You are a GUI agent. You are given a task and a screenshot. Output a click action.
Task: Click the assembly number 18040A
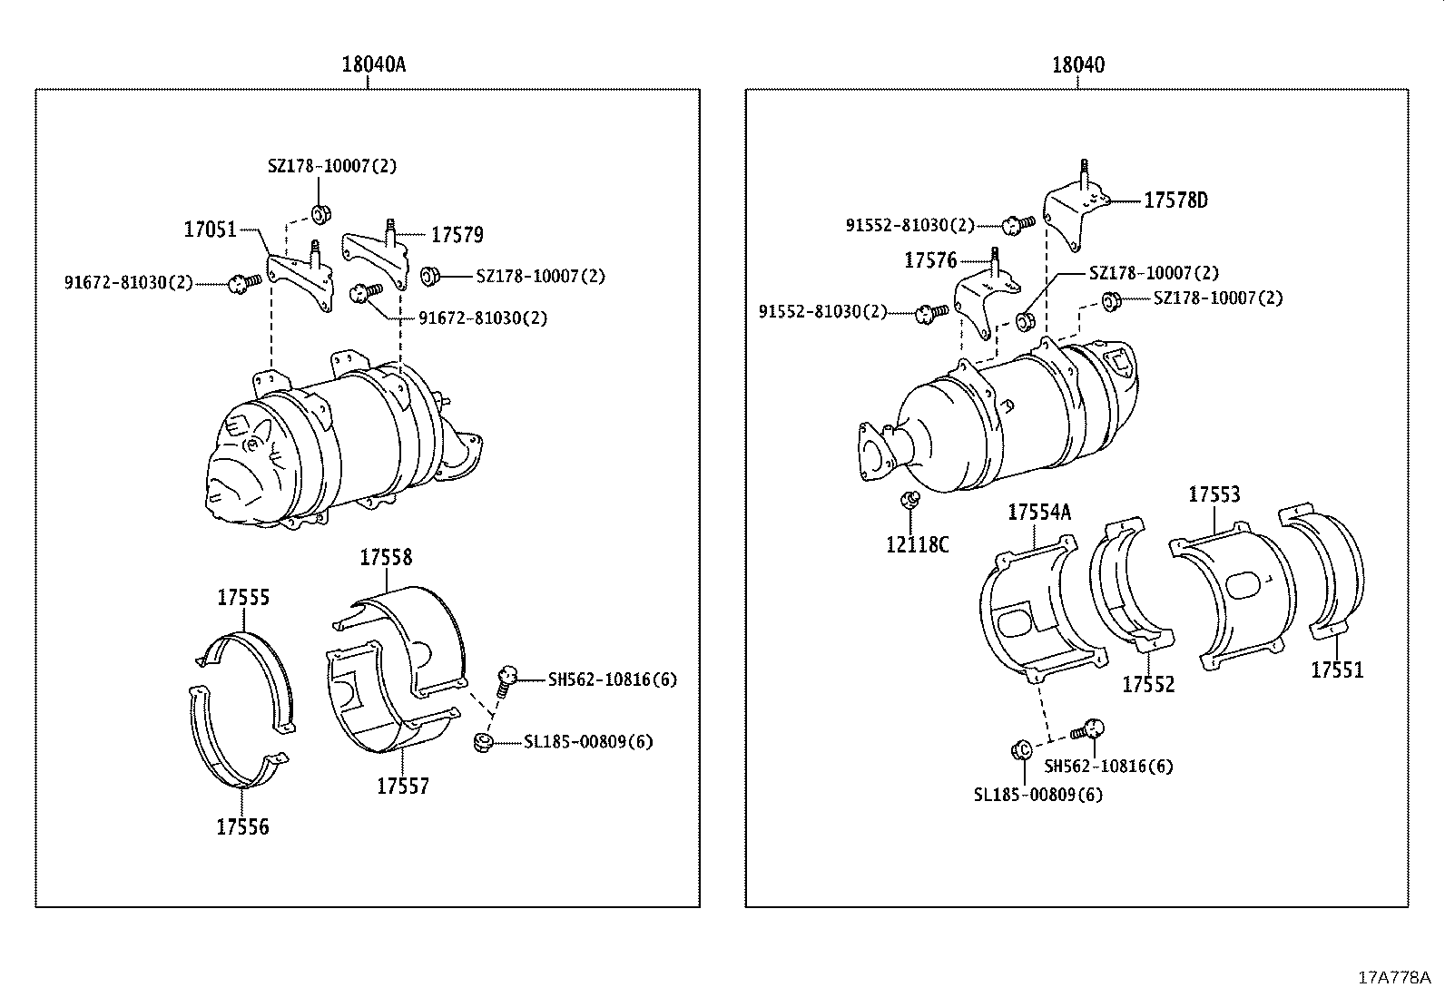[373, 65]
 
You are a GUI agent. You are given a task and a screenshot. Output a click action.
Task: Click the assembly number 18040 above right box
[1078, 65]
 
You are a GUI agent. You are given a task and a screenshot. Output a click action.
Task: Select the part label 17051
[210, 230]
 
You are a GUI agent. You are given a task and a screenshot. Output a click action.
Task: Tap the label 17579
[457, 236]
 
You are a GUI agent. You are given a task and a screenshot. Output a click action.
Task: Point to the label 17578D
[1175, 200]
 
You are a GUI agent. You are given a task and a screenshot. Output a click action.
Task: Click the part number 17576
[930, 261]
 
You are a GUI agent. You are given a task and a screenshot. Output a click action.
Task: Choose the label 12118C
[918, 544]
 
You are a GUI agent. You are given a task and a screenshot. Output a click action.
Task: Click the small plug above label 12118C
[910, 500]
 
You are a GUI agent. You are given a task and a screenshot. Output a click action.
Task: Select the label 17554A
[1039, 513]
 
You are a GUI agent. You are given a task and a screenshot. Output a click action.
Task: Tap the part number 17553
[1214, 494]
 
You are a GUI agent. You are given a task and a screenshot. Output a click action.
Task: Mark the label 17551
[1336, 670]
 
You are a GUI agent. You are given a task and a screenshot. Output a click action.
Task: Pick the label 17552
[1148, 685]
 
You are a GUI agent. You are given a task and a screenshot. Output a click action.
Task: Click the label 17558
[386, 558]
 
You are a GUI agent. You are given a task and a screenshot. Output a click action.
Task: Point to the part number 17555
[243, 598]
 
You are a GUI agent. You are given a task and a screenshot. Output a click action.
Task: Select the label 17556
[242, 827]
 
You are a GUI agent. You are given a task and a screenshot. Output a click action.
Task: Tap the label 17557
[402, 787]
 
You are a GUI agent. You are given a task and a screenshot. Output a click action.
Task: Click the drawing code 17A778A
[1393, 977]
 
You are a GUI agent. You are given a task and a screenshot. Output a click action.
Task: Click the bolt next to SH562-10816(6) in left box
[506, 678]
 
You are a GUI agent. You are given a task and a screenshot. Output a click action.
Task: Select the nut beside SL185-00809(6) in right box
[1019, 750]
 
